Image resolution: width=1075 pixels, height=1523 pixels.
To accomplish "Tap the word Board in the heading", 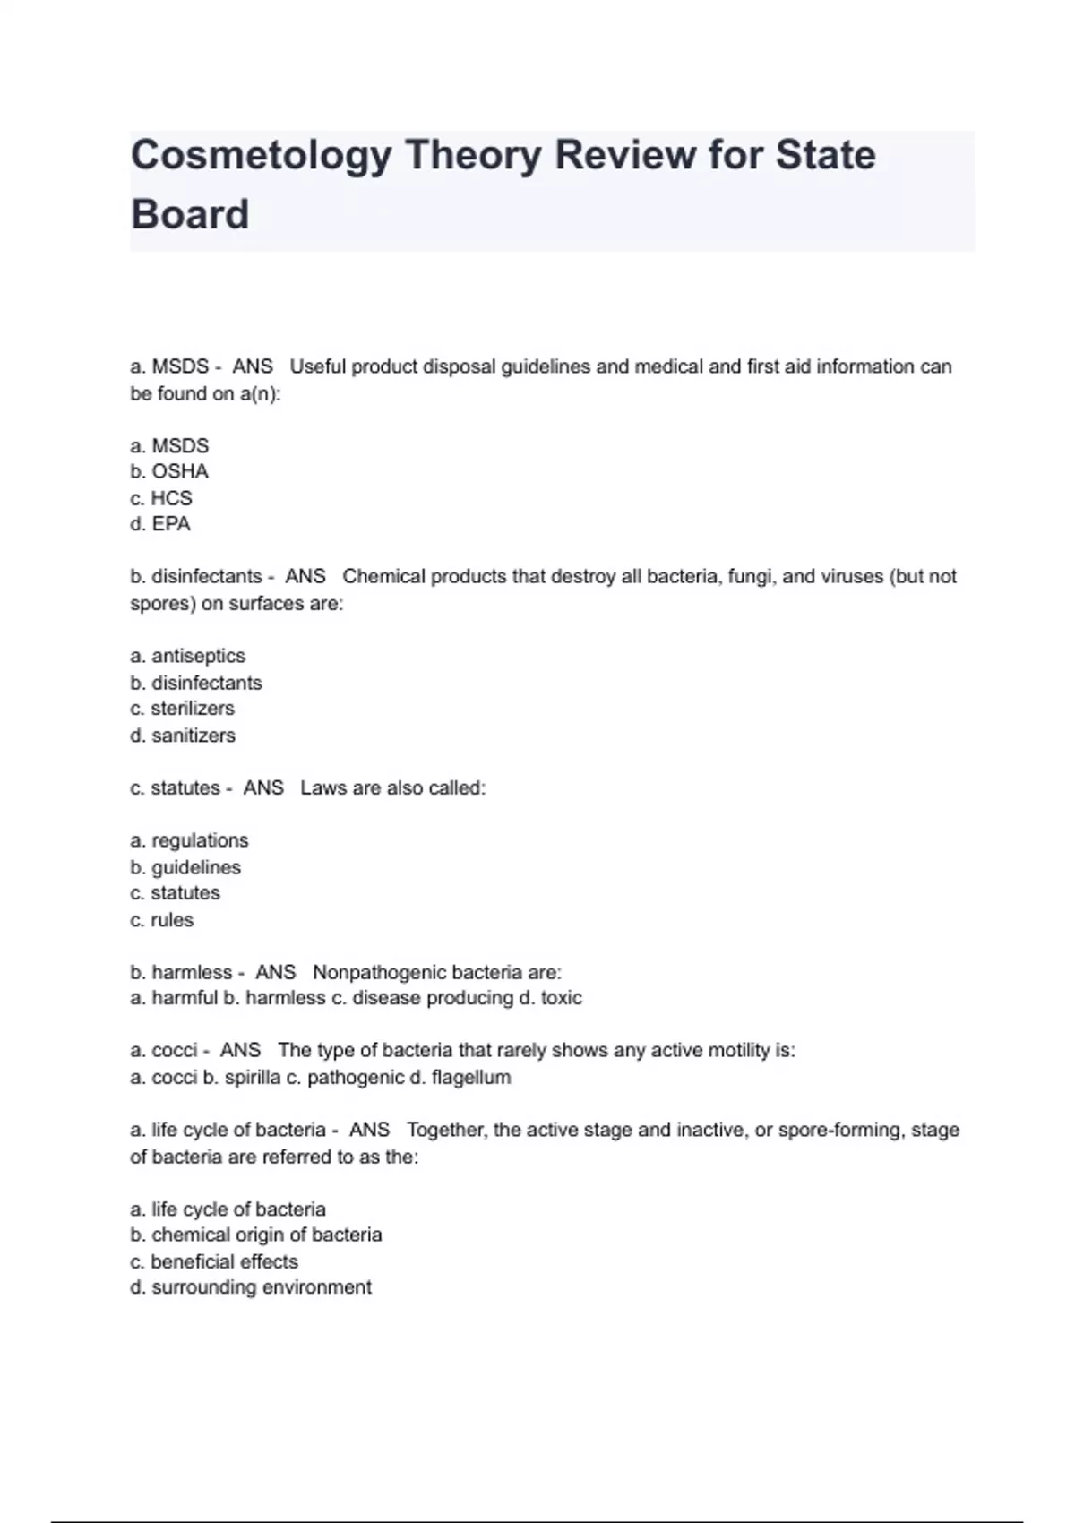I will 190,215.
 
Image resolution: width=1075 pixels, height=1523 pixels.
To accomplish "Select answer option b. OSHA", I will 169,471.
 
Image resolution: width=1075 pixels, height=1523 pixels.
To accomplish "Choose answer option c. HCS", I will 161,498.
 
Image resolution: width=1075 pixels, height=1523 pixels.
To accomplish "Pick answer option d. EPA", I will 160,524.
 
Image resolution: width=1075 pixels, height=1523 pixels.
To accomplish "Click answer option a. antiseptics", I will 187,656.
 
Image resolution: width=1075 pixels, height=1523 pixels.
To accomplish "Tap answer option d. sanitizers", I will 183,736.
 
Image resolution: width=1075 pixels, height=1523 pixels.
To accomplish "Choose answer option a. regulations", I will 189,840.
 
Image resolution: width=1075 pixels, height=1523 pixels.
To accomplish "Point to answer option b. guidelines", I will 185,867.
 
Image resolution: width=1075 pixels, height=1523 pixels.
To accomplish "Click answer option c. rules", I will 161,920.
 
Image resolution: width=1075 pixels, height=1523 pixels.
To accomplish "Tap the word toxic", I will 561,998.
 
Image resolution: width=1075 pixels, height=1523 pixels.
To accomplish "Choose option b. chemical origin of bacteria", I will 256,1235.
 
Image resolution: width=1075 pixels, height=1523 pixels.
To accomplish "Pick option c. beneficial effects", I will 214,1261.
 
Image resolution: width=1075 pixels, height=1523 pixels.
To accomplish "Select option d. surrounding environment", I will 251,1287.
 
